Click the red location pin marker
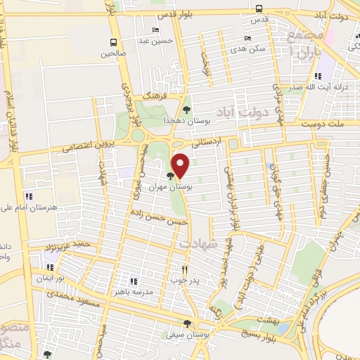click(x=181, y=165)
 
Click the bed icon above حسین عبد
click(x=155, y=30)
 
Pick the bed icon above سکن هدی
click(x=247, y=39)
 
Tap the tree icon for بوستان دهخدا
click(x=186, y=110)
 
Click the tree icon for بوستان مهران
click(x=171, y=176)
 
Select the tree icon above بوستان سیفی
click(x=187, y=323)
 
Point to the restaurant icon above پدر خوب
click(x=185, y=269)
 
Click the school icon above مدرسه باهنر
click(x=134, y=281)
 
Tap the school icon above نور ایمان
click(x=49, y=267)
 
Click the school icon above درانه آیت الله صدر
click(x=318, y=76)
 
